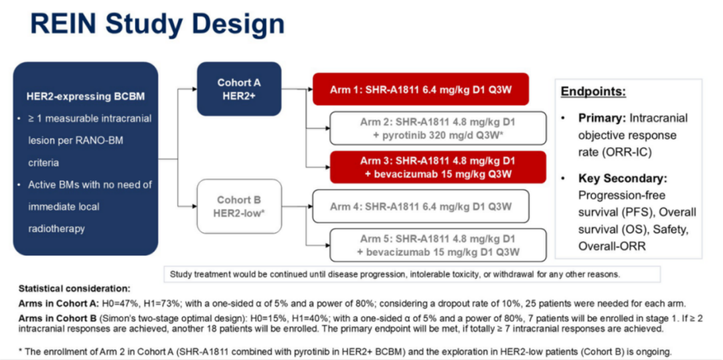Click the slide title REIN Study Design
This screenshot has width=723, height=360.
(157, 25)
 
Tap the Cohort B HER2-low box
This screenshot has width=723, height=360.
(239, 206)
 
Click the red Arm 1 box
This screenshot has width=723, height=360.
(420, 89)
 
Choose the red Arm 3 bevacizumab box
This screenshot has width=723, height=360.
(429, 167)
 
